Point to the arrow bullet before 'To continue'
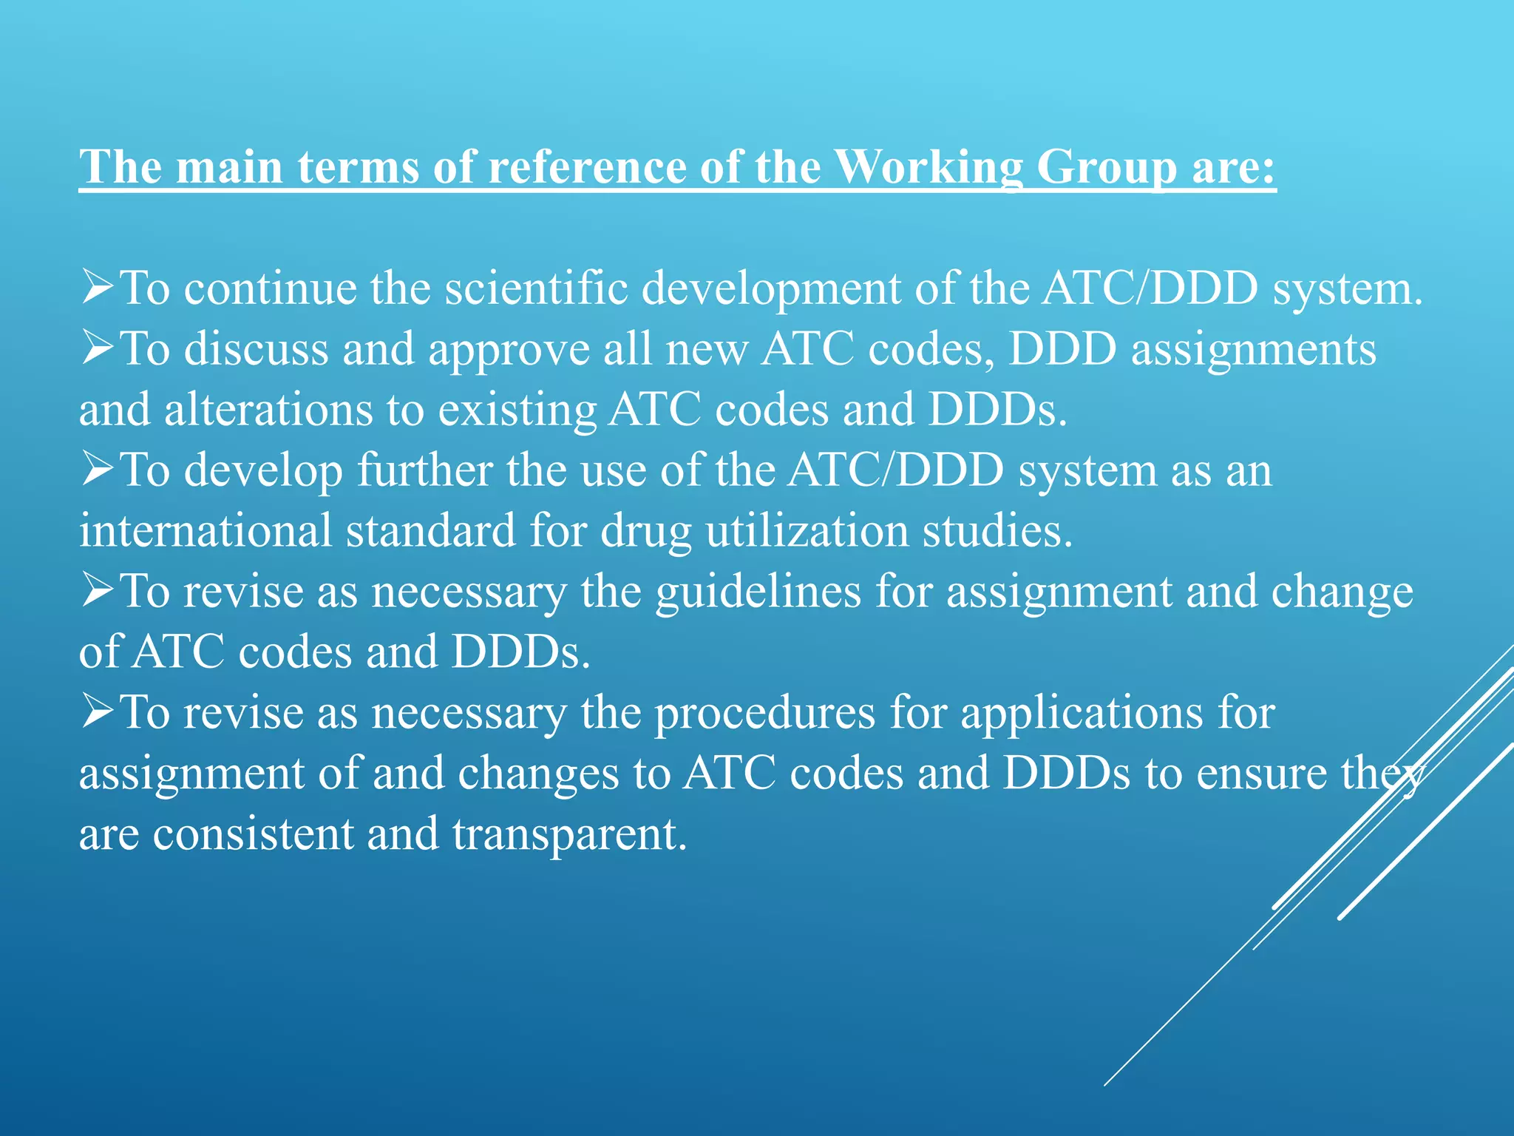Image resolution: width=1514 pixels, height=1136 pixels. tap(98, 288)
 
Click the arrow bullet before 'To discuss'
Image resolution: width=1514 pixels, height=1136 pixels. tap(98, 348)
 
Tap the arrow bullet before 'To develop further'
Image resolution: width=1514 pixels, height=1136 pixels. tap(98, 470)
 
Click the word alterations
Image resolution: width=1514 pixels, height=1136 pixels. tap(269, 410)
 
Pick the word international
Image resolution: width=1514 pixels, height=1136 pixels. tap(206, 530)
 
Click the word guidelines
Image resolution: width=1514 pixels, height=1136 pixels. tap(758, 592)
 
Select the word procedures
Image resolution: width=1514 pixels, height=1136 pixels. tap(765, 714)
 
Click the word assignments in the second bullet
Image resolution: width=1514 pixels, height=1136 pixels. tap(1254, 350)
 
